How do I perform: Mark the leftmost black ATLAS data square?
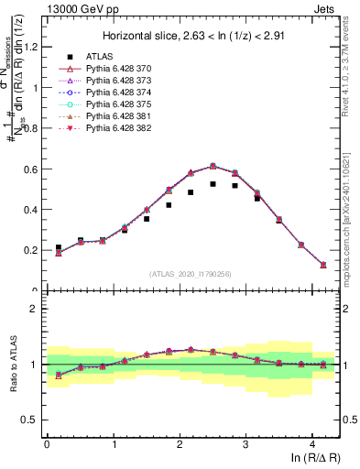pos(59,247)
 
